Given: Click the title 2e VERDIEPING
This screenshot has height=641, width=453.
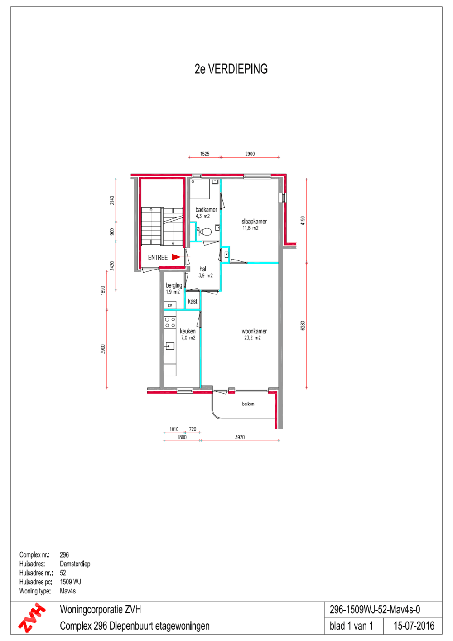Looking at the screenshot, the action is (x=231, y=69).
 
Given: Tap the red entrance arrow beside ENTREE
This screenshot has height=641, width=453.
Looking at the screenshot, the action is (x=176, y=257).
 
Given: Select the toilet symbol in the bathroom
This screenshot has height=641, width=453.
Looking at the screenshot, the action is (x=204, y=231).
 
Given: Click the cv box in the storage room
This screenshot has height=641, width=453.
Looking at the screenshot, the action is (x=170, y=305).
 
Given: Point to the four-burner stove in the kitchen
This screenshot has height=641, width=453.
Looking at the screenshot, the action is (x=170, y=322).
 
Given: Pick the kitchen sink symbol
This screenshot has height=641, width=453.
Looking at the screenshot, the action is (x=170, y=346).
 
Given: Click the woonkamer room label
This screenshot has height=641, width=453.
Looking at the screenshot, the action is (x=254, y=331).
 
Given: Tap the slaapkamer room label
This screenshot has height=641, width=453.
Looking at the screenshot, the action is (x=254, y=221).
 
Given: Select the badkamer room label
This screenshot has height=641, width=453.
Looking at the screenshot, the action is (x=206, y=209).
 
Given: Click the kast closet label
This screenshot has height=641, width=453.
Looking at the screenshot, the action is (x=193, y=301).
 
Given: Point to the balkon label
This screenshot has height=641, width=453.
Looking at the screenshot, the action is (x=248, y=404).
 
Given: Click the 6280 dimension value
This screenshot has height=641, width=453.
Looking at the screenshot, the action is (x=303, y=325).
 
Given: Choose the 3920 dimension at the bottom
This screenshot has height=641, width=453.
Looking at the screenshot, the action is (x=240, y=437).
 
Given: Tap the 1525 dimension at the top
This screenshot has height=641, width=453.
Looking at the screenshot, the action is (x=205, y=154).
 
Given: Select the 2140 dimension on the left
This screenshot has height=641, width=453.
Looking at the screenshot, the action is (x=112, y=200).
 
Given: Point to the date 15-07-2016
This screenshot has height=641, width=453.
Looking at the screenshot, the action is (x=414, y=626).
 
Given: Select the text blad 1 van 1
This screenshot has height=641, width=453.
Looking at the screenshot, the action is (x=351, y=626).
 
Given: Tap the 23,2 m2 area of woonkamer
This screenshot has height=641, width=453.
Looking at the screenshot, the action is (x=252, y=338).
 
